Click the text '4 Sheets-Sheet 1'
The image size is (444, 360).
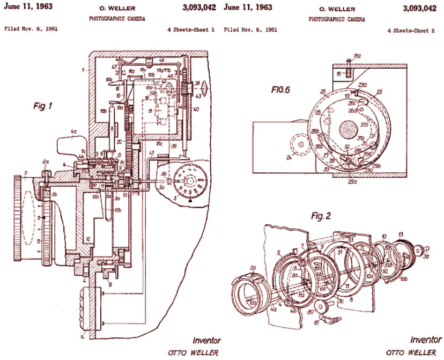188,31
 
